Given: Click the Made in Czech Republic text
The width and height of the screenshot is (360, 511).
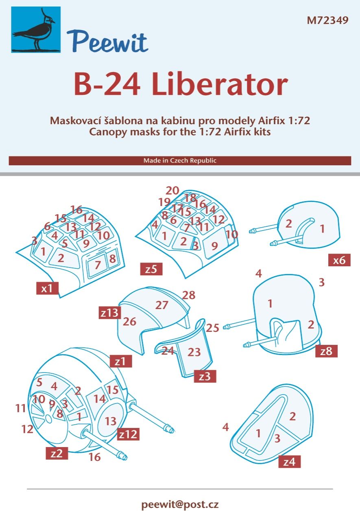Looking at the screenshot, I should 180,160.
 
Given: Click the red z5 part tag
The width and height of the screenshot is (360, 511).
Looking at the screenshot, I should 151,269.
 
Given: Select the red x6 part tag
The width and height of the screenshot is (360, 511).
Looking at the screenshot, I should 339,260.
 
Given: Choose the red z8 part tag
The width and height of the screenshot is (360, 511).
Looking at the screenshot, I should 326,351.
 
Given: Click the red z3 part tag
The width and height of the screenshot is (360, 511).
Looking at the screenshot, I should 205,376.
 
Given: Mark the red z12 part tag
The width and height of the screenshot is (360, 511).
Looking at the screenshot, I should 128,434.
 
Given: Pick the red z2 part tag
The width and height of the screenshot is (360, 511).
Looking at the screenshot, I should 57,453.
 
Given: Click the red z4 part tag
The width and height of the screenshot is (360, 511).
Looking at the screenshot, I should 289,462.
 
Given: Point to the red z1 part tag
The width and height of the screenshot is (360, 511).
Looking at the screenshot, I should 120,361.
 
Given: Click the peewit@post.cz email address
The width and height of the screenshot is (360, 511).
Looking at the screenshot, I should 180,504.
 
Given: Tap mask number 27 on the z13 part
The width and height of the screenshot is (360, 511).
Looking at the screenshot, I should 162,305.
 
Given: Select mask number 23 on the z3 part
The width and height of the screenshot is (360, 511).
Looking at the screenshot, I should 194,351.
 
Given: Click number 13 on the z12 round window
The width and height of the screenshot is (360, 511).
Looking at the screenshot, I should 111,421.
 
